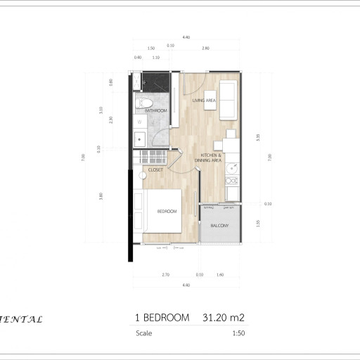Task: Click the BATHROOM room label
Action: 155,111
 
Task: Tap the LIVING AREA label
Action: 204,100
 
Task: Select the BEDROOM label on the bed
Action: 166,211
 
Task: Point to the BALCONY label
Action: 219,226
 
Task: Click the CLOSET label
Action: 155,169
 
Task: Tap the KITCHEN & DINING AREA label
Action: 212,158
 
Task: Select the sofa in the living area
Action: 229,93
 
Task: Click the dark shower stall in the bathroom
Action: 157,82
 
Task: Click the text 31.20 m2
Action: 224,318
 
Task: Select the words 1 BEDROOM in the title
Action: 162,318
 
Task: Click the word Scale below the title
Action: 143,334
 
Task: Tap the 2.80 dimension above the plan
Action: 205,48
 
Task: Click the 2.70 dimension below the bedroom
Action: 165,274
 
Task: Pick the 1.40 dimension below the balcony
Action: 220,274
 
